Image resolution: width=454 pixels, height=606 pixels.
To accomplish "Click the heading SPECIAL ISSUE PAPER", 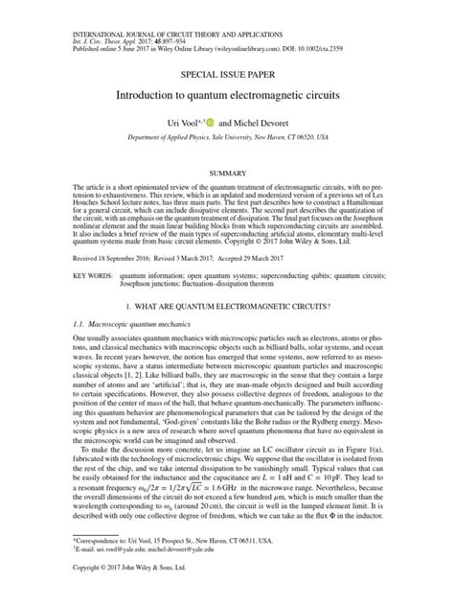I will click(x=226, y=72).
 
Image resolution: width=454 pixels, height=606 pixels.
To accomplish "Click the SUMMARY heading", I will click(x=226, y=173).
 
